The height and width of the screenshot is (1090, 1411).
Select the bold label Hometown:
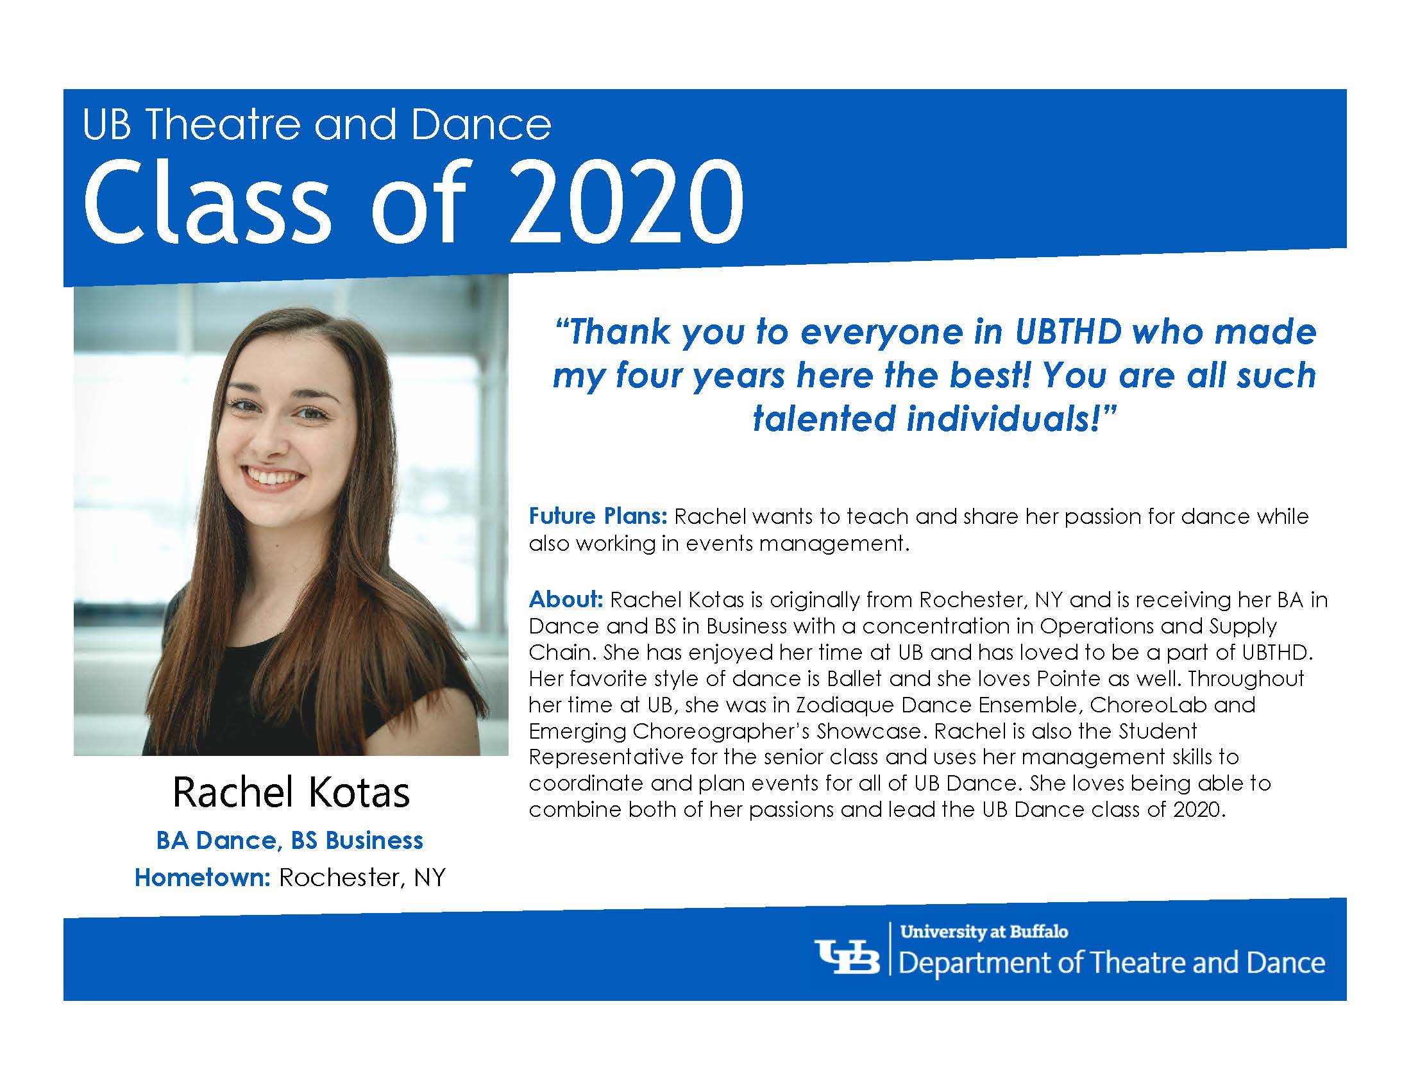point(202,877)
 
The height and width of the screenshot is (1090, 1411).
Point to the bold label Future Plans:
point(598,516)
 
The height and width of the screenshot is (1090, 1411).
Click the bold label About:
point(566,599)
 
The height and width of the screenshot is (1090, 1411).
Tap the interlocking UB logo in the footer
point(847,959)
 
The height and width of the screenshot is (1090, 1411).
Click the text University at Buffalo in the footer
point(984,931)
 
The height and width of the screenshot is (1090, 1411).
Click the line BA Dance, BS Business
point(289,840)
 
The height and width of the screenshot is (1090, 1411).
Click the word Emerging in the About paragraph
point(577,731)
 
